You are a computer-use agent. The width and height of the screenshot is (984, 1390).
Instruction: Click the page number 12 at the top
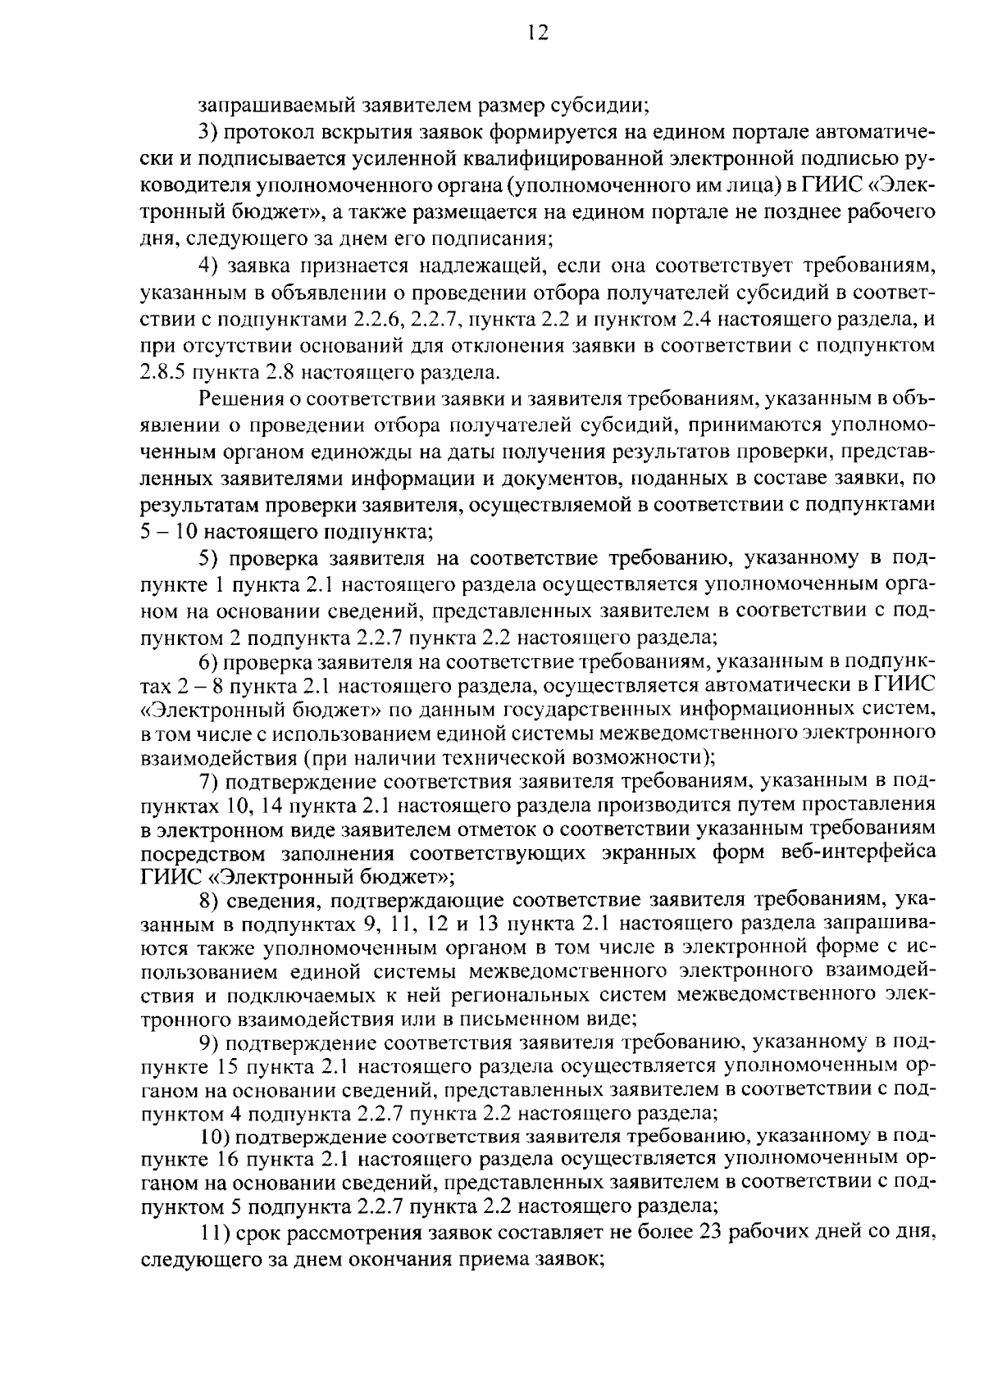pos(539,33)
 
